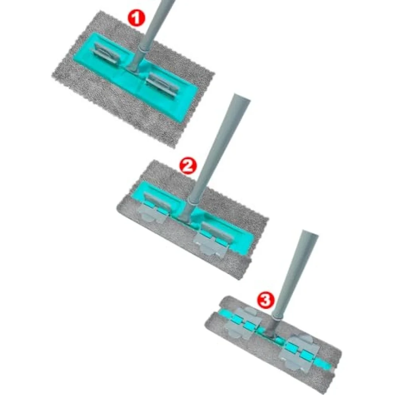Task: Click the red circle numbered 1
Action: tap(136, 17)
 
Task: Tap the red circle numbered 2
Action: tap(188, 165)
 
